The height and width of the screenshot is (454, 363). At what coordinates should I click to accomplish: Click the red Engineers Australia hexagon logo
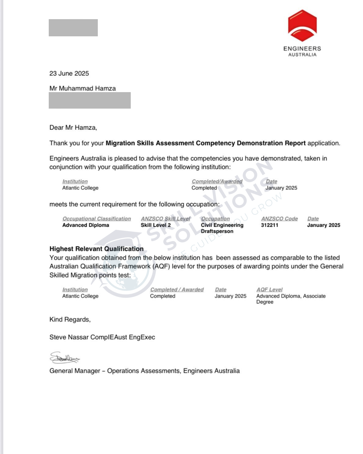pos(302,26)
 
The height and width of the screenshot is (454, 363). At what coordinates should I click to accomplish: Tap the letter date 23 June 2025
pos(69,73)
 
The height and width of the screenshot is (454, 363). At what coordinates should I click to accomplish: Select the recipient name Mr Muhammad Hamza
pos(83,88)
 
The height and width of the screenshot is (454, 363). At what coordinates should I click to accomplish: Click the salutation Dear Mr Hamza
pos(73,127)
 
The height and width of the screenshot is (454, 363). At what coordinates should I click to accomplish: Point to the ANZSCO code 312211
pos(270,225)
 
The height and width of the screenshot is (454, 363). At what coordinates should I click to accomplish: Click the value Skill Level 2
pos(156,225)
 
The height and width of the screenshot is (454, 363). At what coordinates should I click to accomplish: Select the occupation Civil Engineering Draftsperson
pos(222,228)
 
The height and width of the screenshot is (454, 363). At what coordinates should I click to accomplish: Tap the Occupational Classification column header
pos(96,219)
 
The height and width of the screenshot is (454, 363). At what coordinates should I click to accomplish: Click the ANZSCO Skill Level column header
pos(165,219)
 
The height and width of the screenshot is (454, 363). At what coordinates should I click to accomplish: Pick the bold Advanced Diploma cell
pos(86,225)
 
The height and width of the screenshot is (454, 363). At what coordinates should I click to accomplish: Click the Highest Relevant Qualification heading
pos(96,249)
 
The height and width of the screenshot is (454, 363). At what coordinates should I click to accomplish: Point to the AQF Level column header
pos(269,290)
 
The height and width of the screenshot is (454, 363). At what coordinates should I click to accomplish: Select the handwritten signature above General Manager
pos(65,358)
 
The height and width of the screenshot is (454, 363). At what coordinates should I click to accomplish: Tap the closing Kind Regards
pos(70,319)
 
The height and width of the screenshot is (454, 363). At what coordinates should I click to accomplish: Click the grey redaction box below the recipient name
pos(90,101)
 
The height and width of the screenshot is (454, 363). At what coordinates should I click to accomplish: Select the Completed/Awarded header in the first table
pos(217,181)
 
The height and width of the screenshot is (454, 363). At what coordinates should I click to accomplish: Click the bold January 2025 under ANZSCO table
pos(323,225)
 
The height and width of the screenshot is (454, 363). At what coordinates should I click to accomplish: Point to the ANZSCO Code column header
pos(279,219)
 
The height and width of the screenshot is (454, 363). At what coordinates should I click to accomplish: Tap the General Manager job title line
pos(145,371)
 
